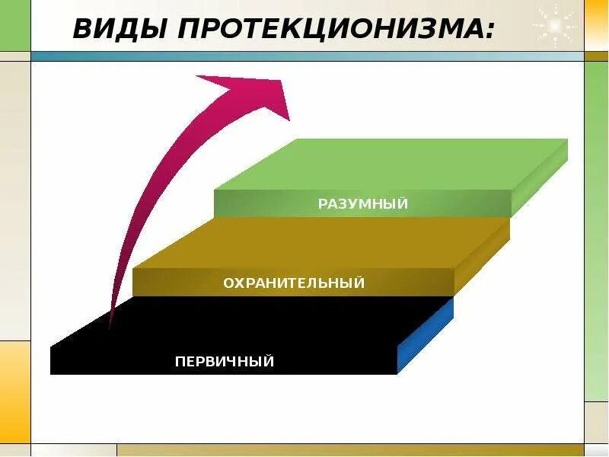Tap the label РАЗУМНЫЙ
(x=363, y=203)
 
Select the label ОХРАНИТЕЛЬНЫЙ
(x=294, y=283)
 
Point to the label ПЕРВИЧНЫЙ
(x=224, y=361)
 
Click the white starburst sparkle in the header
(x=554, y=25)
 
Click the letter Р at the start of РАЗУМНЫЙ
(x=323, y=203)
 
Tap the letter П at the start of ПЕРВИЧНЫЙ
(x=180, y=361)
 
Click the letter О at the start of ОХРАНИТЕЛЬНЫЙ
(x=228, y=283)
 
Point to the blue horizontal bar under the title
(x=304, y=56)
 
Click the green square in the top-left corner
(x=14, y=25)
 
